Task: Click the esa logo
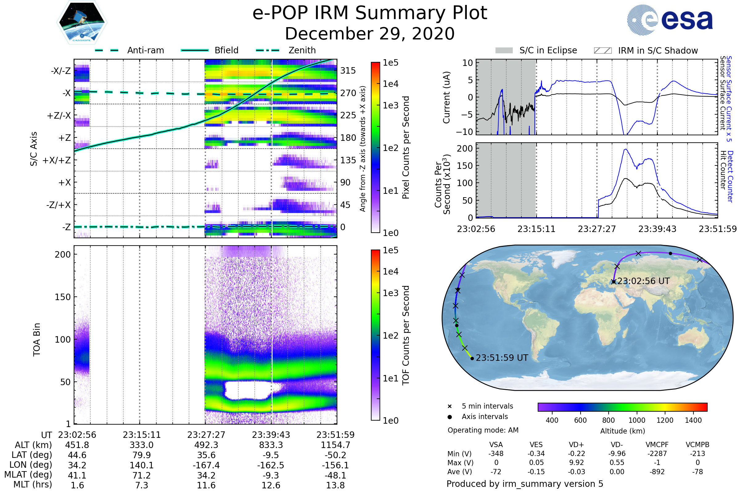tap(670, 20)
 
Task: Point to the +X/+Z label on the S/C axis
tap(57, 160)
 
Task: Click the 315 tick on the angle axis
tap(348, 71)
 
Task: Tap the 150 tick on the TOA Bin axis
tap(63, 297)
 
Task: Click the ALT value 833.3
tap(271, 445)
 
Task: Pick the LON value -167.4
tap(206, 465)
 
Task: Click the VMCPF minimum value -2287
tap(657, 454)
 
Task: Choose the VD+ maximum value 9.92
tap(576, 462)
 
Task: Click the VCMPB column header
tap(697, 445)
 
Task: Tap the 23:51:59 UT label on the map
tap(502, 358)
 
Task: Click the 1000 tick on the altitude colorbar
tap(637, 420)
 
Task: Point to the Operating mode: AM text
tap(483, 430)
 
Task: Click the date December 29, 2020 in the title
tap(370, 34)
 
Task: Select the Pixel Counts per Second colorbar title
tap(406, 148)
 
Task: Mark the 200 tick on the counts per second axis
tap(465, 149)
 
